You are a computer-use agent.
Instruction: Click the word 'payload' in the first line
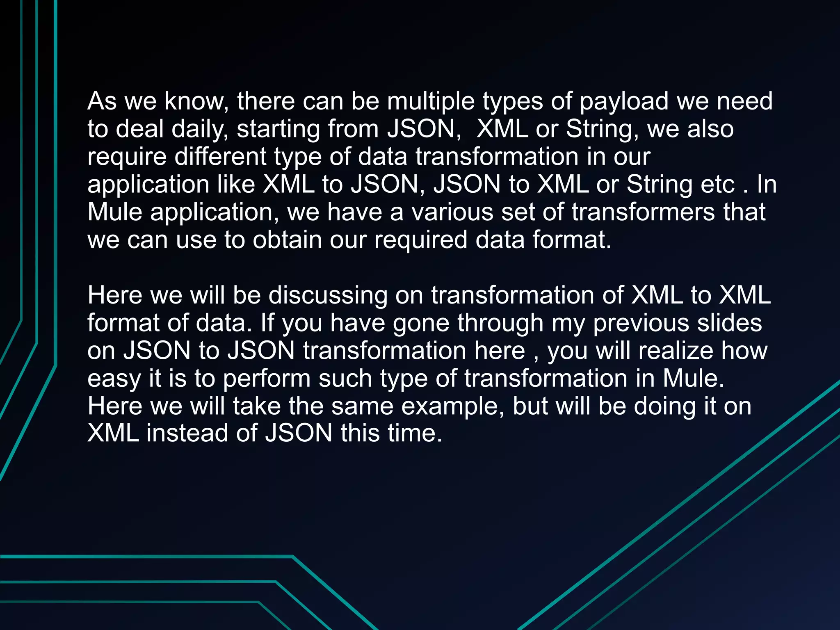[624, 102]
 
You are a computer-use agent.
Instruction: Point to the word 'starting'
[278, 130]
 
